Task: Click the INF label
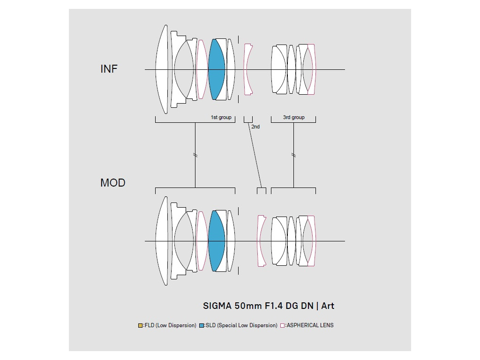[109, 69]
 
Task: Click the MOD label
[112, 183]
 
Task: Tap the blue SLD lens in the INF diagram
[216, 69]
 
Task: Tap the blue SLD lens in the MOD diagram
[216, 241]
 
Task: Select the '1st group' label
[221, 117]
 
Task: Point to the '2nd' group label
[255, 127]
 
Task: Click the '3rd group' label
[293, 117]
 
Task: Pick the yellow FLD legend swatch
[140, 325]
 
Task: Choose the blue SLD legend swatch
[201, 325]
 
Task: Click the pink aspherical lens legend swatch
[282, 325]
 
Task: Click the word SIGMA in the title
[217, 306]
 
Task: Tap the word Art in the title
[328, 306]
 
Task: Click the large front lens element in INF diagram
[162, 69]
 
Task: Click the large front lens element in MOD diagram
[162, 241]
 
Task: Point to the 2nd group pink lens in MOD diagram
[261, 241]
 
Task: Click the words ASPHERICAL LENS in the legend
[310, 325]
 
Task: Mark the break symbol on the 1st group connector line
[195, 155]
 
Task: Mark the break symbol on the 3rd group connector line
[293, 155]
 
